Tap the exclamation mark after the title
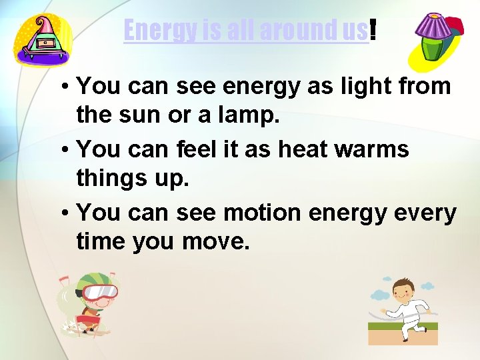click(x=372, y=29)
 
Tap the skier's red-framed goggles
click(x=100, y=292)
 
